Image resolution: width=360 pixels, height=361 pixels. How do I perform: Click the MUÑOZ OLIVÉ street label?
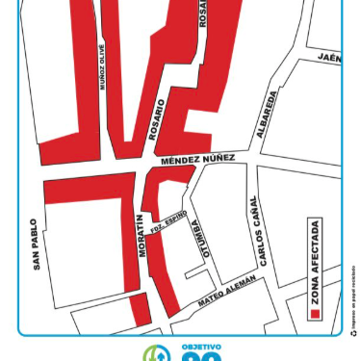(103, 66)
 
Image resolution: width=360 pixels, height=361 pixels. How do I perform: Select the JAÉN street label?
(329, 58)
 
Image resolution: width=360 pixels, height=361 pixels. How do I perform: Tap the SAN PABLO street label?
(36, 244)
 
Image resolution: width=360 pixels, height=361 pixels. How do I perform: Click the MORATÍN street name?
(141, 235)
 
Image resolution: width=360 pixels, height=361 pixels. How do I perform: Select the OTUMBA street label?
(197, 234)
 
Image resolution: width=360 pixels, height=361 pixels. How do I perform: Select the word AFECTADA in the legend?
(315, 246)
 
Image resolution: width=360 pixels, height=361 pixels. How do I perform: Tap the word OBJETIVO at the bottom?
(201, 347)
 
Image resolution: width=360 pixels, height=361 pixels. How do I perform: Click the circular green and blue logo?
(155, 354)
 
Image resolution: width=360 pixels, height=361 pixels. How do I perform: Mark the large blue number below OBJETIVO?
(201, 357)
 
